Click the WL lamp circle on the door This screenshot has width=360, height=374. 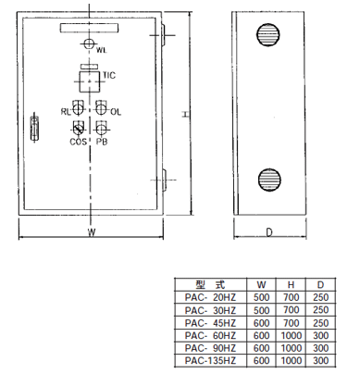click(x=89, y=44)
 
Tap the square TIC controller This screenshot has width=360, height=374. click(x=90, y=81)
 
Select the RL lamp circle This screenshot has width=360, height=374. click(x=78, y=109)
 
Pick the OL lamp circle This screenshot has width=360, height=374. click(x=101, y=109)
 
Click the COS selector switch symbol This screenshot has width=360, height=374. click(x=78, y=129)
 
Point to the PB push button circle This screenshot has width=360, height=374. click(x=101, y=129)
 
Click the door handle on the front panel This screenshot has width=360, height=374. click(x=34, y=127)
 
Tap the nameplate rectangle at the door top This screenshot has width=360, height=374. click(x=89, y=28)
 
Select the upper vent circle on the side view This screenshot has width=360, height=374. click(x=268, y=34)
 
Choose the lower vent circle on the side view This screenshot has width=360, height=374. click(x=269, y=180)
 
